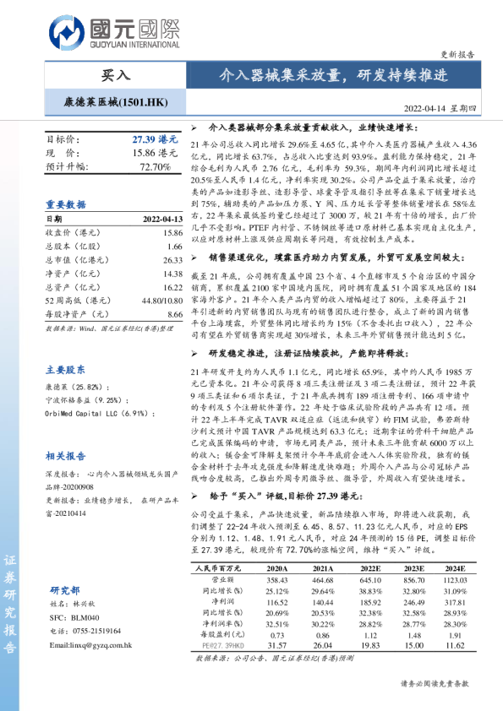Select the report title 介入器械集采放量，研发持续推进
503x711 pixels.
pyautogui.click(x=332, y=75)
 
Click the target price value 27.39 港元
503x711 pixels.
pyautogui.click(x=155, y=138)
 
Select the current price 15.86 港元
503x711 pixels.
pyautogui.click(x=156, y=153)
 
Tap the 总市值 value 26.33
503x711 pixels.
pyautogui.click(x=172, y=260)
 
